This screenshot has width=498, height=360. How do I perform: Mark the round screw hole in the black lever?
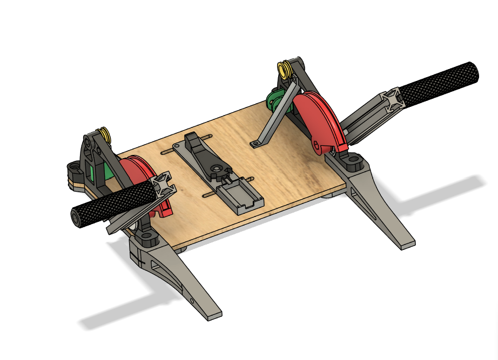[x=216, y=174]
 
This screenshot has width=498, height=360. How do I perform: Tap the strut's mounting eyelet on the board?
[x=255, y=144]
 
